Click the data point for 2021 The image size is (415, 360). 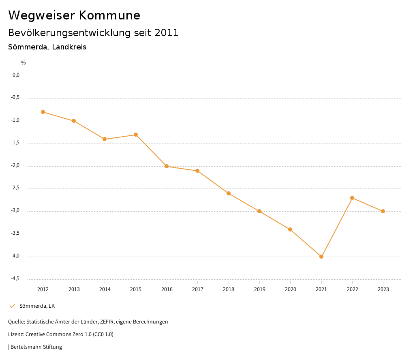pyautogui.click(x=321, y=257)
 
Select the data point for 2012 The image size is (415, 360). pyautogui.click(x=43, y=112)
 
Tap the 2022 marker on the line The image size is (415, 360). pyautogui.click(x=352, y=198)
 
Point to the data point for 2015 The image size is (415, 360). pyautogui.click(x=136, y=135)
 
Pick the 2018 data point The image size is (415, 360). pyautogui.click(x=229, y=193)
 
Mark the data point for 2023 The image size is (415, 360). pyautogui.click(x=383, y=211)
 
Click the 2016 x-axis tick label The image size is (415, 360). pyautogui.click(x=167, y=289)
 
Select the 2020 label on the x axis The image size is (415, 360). pyautogui.click(x=290, y=289)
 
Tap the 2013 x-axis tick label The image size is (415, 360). pyautogui.click(x=74, y=289)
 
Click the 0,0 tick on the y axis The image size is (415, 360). pyautogui.click(x=16, y=75)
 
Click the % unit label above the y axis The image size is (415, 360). pyautogui.click(x=24, y=63)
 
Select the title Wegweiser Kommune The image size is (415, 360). pyautogui.click(x=74, y=15)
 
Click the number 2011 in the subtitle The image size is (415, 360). pyautogui.click(x=167, y=33)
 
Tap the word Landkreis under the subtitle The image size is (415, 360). pyautogui.click(x=69, y=47)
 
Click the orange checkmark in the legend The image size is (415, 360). pyautogui.click(x=12, y=306)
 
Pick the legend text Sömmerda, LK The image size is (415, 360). pyautogui.click(x=37, y=306)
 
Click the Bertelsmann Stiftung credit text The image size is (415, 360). pyautogui.click(x=36, y=347)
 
